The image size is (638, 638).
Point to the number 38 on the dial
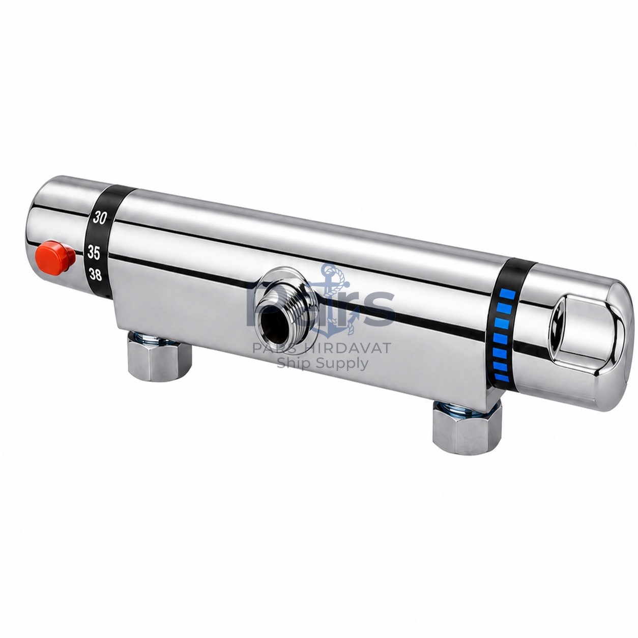click(x=95, y=274)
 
